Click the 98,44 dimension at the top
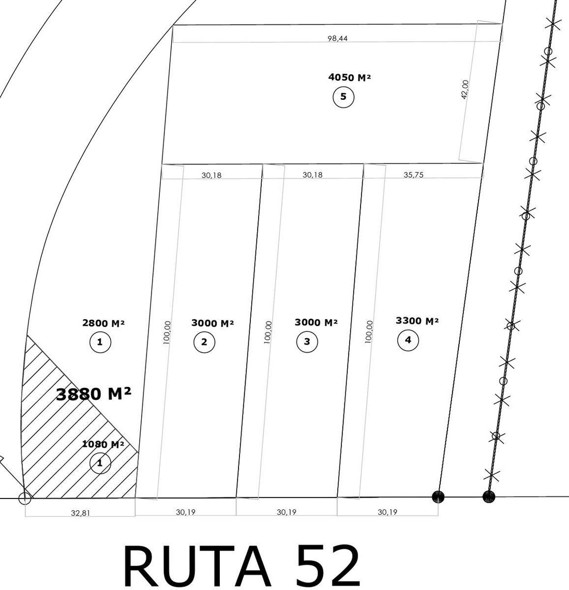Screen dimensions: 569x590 (x=338, y=38)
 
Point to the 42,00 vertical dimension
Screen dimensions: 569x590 (x=465, y=89)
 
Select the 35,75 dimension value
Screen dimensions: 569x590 (x=413, y=175)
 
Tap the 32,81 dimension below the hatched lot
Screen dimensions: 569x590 (x=81, y=513)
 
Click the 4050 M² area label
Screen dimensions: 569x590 (x=349, y=78)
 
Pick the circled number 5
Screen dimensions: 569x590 (x=343, y=97)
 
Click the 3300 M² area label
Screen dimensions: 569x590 (x=417, y=321)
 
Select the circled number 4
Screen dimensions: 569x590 (x=408, y=340)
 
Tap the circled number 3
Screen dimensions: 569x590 (x=307, y=342)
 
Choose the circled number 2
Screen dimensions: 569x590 (x=204, y=342)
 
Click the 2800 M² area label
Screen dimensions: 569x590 (x=103, y=323)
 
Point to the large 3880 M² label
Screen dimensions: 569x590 (x=94, y=395)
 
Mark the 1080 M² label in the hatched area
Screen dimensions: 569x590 (x=103, y=444)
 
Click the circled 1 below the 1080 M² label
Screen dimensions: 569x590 (x=100, y=463)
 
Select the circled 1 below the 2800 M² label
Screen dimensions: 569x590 (x=100, y=342)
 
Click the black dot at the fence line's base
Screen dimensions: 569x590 (x=489, y=497)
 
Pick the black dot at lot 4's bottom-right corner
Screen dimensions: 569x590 (x=438, y=497)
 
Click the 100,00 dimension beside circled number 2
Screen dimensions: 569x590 (x=167, y=332)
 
